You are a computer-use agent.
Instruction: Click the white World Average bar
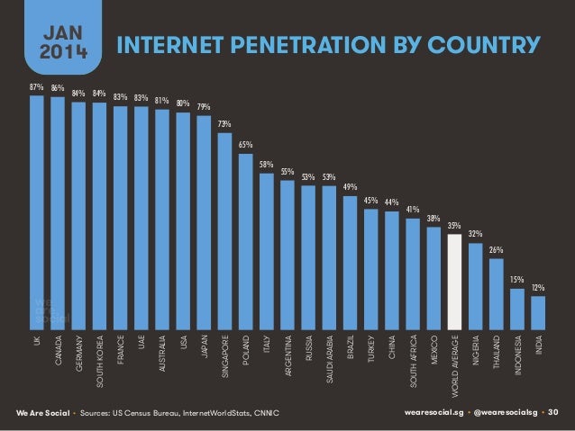454,279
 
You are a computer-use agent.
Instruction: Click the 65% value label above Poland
245,143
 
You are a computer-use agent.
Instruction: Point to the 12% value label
537,287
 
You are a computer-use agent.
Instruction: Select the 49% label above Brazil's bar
350,186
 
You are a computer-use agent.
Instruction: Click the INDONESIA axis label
517,358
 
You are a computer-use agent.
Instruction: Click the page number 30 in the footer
553,412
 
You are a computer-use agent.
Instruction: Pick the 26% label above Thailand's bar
496,248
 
